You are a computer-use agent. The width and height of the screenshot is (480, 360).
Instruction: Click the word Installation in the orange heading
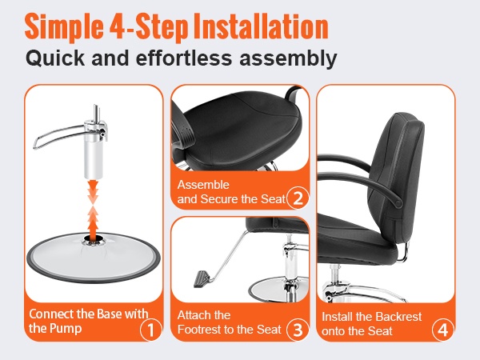pos(261,27)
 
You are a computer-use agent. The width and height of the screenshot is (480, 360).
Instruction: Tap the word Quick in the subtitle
pos(55,58)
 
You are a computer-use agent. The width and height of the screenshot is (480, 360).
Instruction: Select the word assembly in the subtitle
pos(288,58)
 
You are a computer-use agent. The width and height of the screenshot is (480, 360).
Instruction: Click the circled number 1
pos(150,330)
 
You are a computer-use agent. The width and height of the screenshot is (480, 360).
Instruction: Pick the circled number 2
pos(298,198)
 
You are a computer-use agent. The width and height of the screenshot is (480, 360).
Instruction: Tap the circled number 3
pos(298,330)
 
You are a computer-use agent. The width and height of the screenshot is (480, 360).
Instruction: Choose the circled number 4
pos(442,330)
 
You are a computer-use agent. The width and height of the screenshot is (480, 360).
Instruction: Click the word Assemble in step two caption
pos(203,185)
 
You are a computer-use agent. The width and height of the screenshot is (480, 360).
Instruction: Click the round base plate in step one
pos(94,257)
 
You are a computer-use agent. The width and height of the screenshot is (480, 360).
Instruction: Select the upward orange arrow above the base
pos(94,221)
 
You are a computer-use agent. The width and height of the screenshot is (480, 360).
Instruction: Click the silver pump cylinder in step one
pos(94,153)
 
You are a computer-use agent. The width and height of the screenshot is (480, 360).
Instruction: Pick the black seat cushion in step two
pos(242,132)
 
